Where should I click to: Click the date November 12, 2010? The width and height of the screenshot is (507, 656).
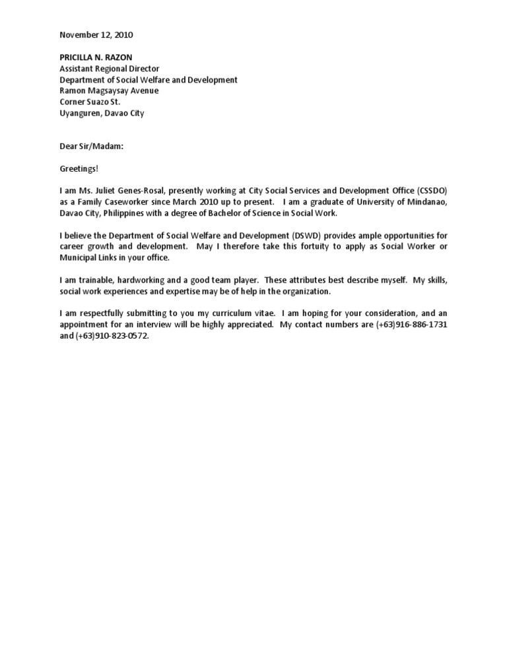click(100, 34)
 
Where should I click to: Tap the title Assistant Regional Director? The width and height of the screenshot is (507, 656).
click(110, 69)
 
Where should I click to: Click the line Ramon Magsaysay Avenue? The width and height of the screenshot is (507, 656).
click(109, 90)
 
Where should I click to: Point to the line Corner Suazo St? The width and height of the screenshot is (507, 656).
click(90, 102)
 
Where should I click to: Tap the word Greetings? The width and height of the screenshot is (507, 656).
click(79, 169)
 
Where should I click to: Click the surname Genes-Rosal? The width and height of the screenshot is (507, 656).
click(147, 191)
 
